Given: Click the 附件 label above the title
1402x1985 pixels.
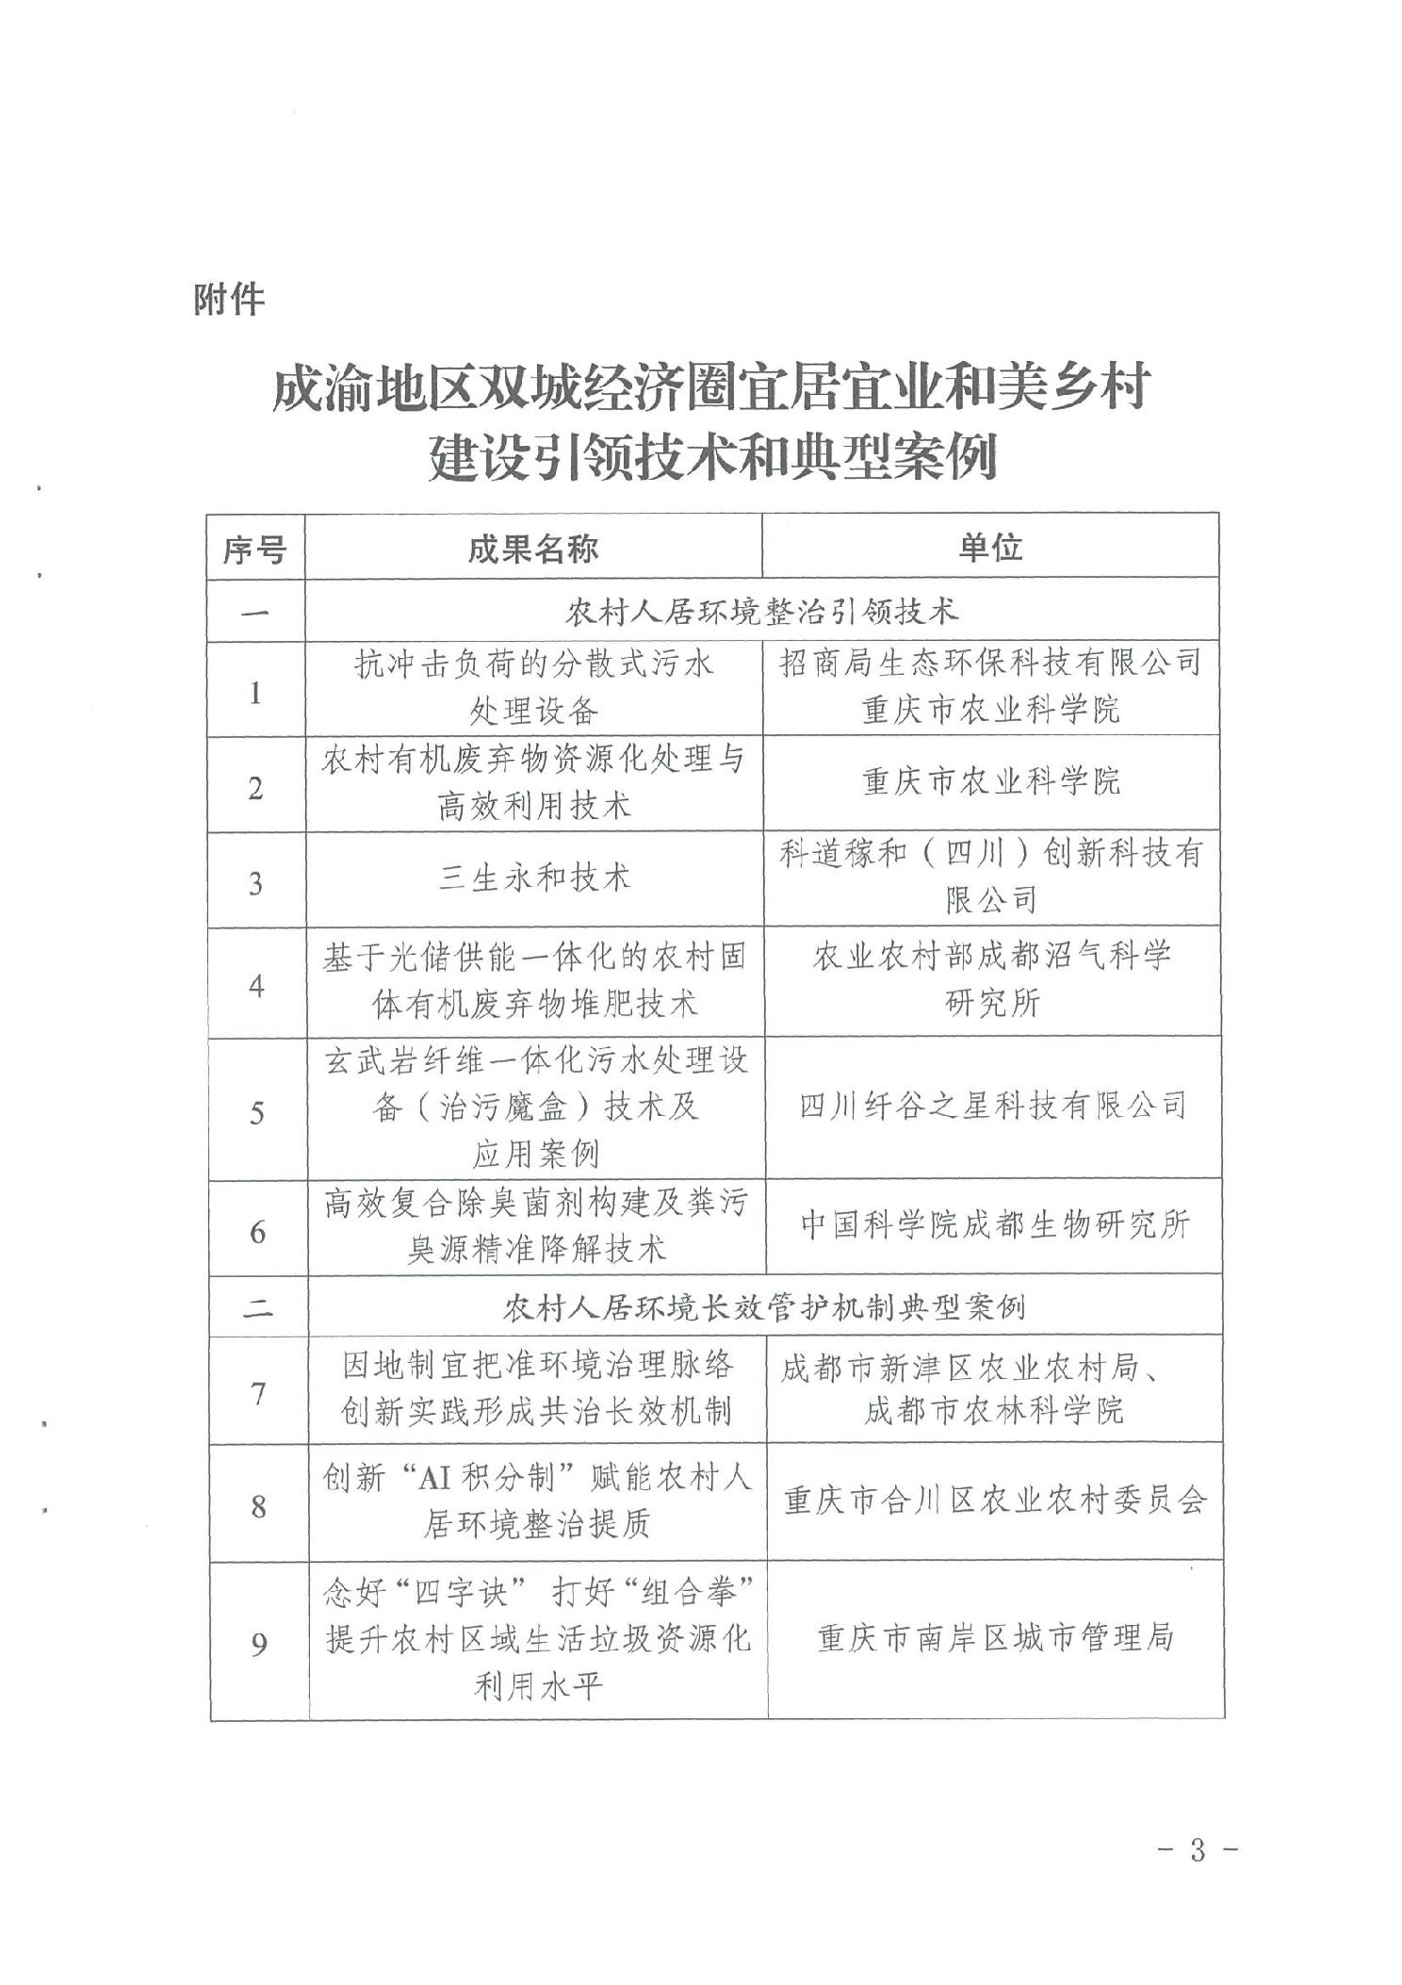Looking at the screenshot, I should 229,300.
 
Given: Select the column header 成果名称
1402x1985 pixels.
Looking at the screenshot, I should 533,548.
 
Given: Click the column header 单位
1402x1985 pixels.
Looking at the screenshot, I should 990,547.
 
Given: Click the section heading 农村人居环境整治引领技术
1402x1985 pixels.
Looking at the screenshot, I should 761,611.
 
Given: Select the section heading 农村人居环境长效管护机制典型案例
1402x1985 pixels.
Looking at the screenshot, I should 763,1306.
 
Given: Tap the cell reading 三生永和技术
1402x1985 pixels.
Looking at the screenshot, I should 534,878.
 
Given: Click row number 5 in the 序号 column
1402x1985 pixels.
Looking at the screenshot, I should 256,1113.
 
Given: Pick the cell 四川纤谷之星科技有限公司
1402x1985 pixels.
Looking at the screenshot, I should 993,1105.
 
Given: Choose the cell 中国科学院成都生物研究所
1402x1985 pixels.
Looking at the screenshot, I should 995,1224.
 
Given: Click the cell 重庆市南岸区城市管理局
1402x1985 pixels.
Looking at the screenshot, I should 996,1638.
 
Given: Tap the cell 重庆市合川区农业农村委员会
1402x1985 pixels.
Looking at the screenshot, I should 995,1500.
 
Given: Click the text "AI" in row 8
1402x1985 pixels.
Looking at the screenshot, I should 435,1476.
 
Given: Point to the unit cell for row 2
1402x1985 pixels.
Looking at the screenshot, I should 991,781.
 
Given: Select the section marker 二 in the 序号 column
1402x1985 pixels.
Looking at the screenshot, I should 257,1307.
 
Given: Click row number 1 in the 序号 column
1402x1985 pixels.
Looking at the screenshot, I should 254,693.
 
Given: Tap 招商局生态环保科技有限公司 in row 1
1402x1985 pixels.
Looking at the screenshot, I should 990,664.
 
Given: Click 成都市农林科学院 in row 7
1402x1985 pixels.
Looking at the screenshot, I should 995,1411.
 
